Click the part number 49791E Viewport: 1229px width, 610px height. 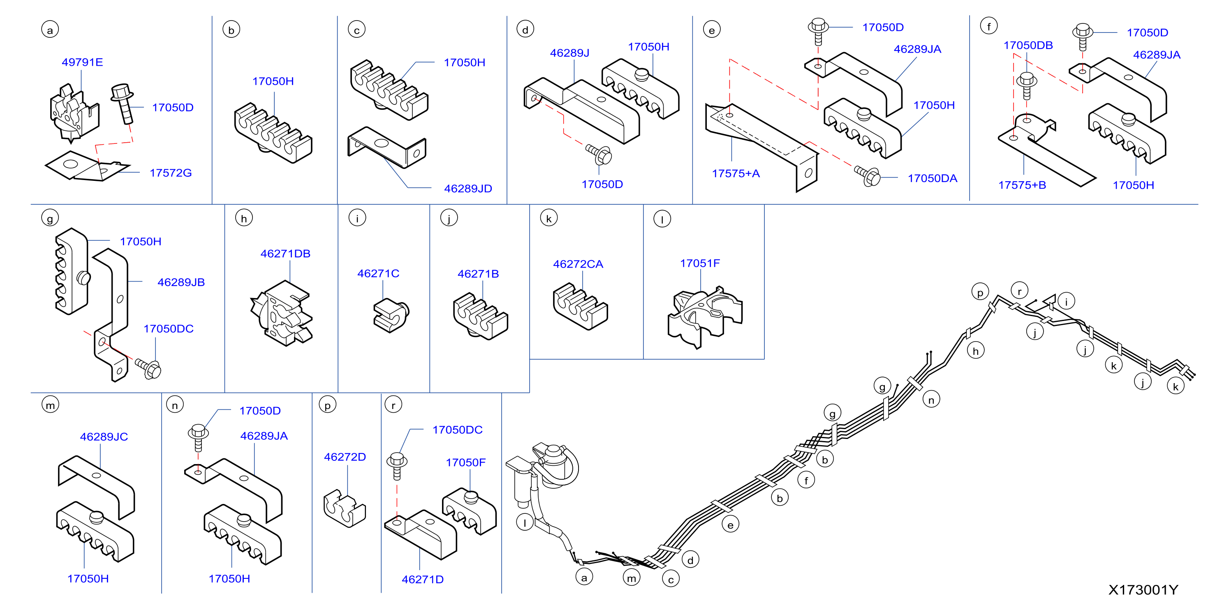(82, 62)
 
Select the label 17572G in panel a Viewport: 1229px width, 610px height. (170, 173)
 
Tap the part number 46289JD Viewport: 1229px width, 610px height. (468, 188)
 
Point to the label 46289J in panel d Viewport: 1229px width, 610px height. (569, 53)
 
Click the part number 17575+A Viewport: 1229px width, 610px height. (736, 173)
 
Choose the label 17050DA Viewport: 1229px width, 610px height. (932, 178)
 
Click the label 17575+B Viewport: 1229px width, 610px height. (1022, 185)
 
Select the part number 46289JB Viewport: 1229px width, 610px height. (181, 282)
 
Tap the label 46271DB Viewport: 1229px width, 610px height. (285, 253)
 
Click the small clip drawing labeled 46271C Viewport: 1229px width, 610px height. (391, 315)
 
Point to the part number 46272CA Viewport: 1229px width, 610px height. (578, 264)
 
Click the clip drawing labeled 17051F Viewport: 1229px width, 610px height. (704, 316)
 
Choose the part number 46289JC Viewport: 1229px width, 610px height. (104, 437)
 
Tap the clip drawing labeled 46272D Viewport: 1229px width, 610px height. (344, 508)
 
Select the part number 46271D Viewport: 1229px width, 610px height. (422, 579)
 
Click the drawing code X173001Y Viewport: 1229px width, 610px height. (1143, 590)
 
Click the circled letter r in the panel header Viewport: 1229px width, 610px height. (393, 405)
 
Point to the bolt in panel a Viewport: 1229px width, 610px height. (123, 104)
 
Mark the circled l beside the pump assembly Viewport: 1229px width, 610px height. (525, 522)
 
